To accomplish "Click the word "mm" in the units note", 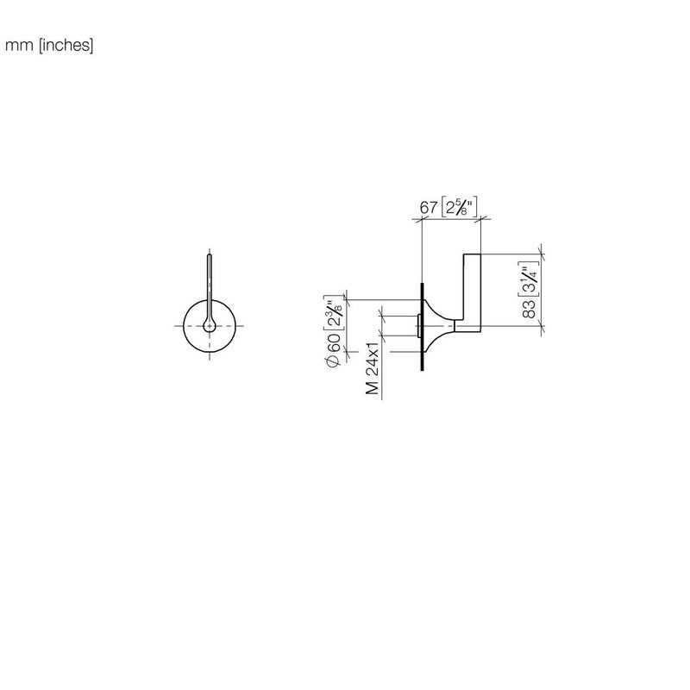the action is pyautogui.click(x=19, y=46).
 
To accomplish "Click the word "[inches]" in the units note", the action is pyautogui.click(x=66, y=46).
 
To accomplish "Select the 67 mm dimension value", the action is pyautogui.click(x=428, y=207).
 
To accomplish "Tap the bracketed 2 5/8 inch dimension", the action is pyautogui.click(x=459, y=207).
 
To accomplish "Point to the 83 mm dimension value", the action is pyautogui.click(x=529, y=308).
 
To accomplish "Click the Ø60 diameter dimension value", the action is pyautogui.click(x=333, y=349).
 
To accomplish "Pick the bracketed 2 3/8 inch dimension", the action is pyautogui.click(x=333, y=312).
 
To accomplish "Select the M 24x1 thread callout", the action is pyautogui.click(x=373, y=367).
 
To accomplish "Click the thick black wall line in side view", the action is pyautogui.click(x=423, y=327).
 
